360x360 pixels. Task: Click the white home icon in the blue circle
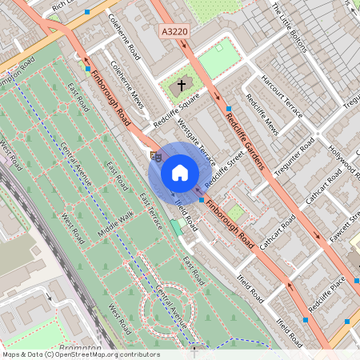(180, 172)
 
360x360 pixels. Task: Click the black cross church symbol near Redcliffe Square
(182, 85)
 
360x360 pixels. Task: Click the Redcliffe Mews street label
(262, 115)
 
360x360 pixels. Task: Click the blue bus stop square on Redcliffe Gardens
(228, 108)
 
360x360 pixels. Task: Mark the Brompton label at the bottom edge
(79, 349)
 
